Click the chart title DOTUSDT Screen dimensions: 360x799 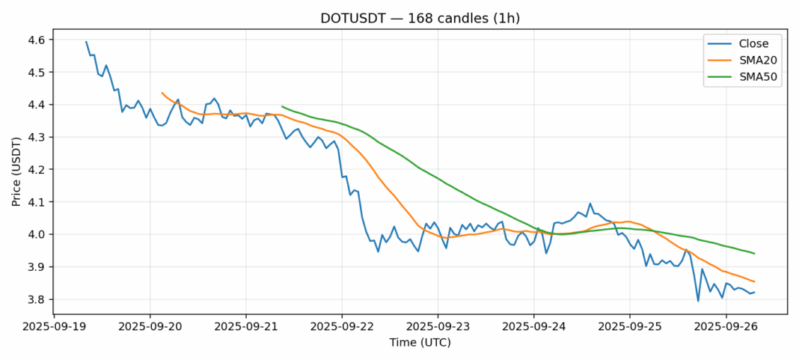click(399, 18)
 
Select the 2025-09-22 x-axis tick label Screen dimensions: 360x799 click(342, 327)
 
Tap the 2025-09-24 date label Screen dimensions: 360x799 click(533, 327)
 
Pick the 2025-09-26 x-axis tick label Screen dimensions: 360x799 click(726, 327)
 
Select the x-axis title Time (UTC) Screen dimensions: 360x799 click(420, 343)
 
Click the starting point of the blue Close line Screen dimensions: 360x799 click(86, 41)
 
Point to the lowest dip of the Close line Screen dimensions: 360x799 click(698, 301)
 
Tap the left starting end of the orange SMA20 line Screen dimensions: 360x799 click(162, 93)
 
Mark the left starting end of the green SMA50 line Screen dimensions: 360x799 click(282, 106)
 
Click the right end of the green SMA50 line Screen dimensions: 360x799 click(754, 254)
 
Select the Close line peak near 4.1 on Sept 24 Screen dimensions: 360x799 click(590, 204)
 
